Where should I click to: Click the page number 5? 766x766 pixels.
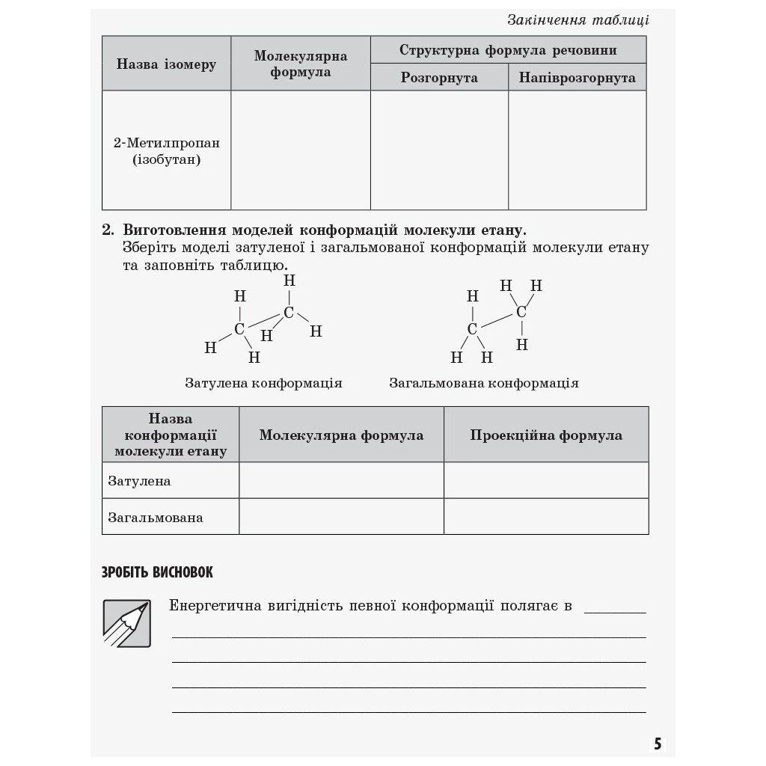click(x=658, y=744)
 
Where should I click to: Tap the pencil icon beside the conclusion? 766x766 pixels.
click(x=126, y=623)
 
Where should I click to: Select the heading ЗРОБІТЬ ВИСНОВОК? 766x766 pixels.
click(x=157, y=573)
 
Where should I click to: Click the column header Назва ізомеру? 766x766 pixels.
click(x=166, y=64)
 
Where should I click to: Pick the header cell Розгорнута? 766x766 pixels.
click(x=439, y=78)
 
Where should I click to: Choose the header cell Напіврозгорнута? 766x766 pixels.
click(x=577, y=78)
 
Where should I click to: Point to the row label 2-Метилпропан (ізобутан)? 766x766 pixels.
click(x=166, y=150)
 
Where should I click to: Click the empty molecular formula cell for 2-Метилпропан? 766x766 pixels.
click(x=300, y=150)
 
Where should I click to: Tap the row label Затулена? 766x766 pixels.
click(x=139, y=481)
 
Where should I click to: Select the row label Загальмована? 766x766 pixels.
click(x=156, y=517)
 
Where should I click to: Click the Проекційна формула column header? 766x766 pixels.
click(x=546, y=435)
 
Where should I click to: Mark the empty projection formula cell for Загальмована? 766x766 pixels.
click(x=546, y=517)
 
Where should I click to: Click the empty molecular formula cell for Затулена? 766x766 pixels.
click(x=341, y=480)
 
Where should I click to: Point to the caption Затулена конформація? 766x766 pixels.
click(x=263, y=383)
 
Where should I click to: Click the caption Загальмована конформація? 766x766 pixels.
click(x=483, y=383)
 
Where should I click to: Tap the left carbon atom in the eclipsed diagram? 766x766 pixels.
click(x=239, y=328)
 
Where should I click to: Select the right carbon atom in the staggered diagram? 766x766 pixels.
click(x=521, y=312)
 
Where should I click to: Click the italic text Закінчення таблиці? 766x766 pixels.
click(x=577, y=20)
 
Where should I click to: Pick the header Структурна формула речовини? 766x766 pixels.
click(x=508, y=50)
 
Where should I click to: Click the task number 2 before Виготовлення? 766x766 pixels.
click(x=107, y=230)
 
